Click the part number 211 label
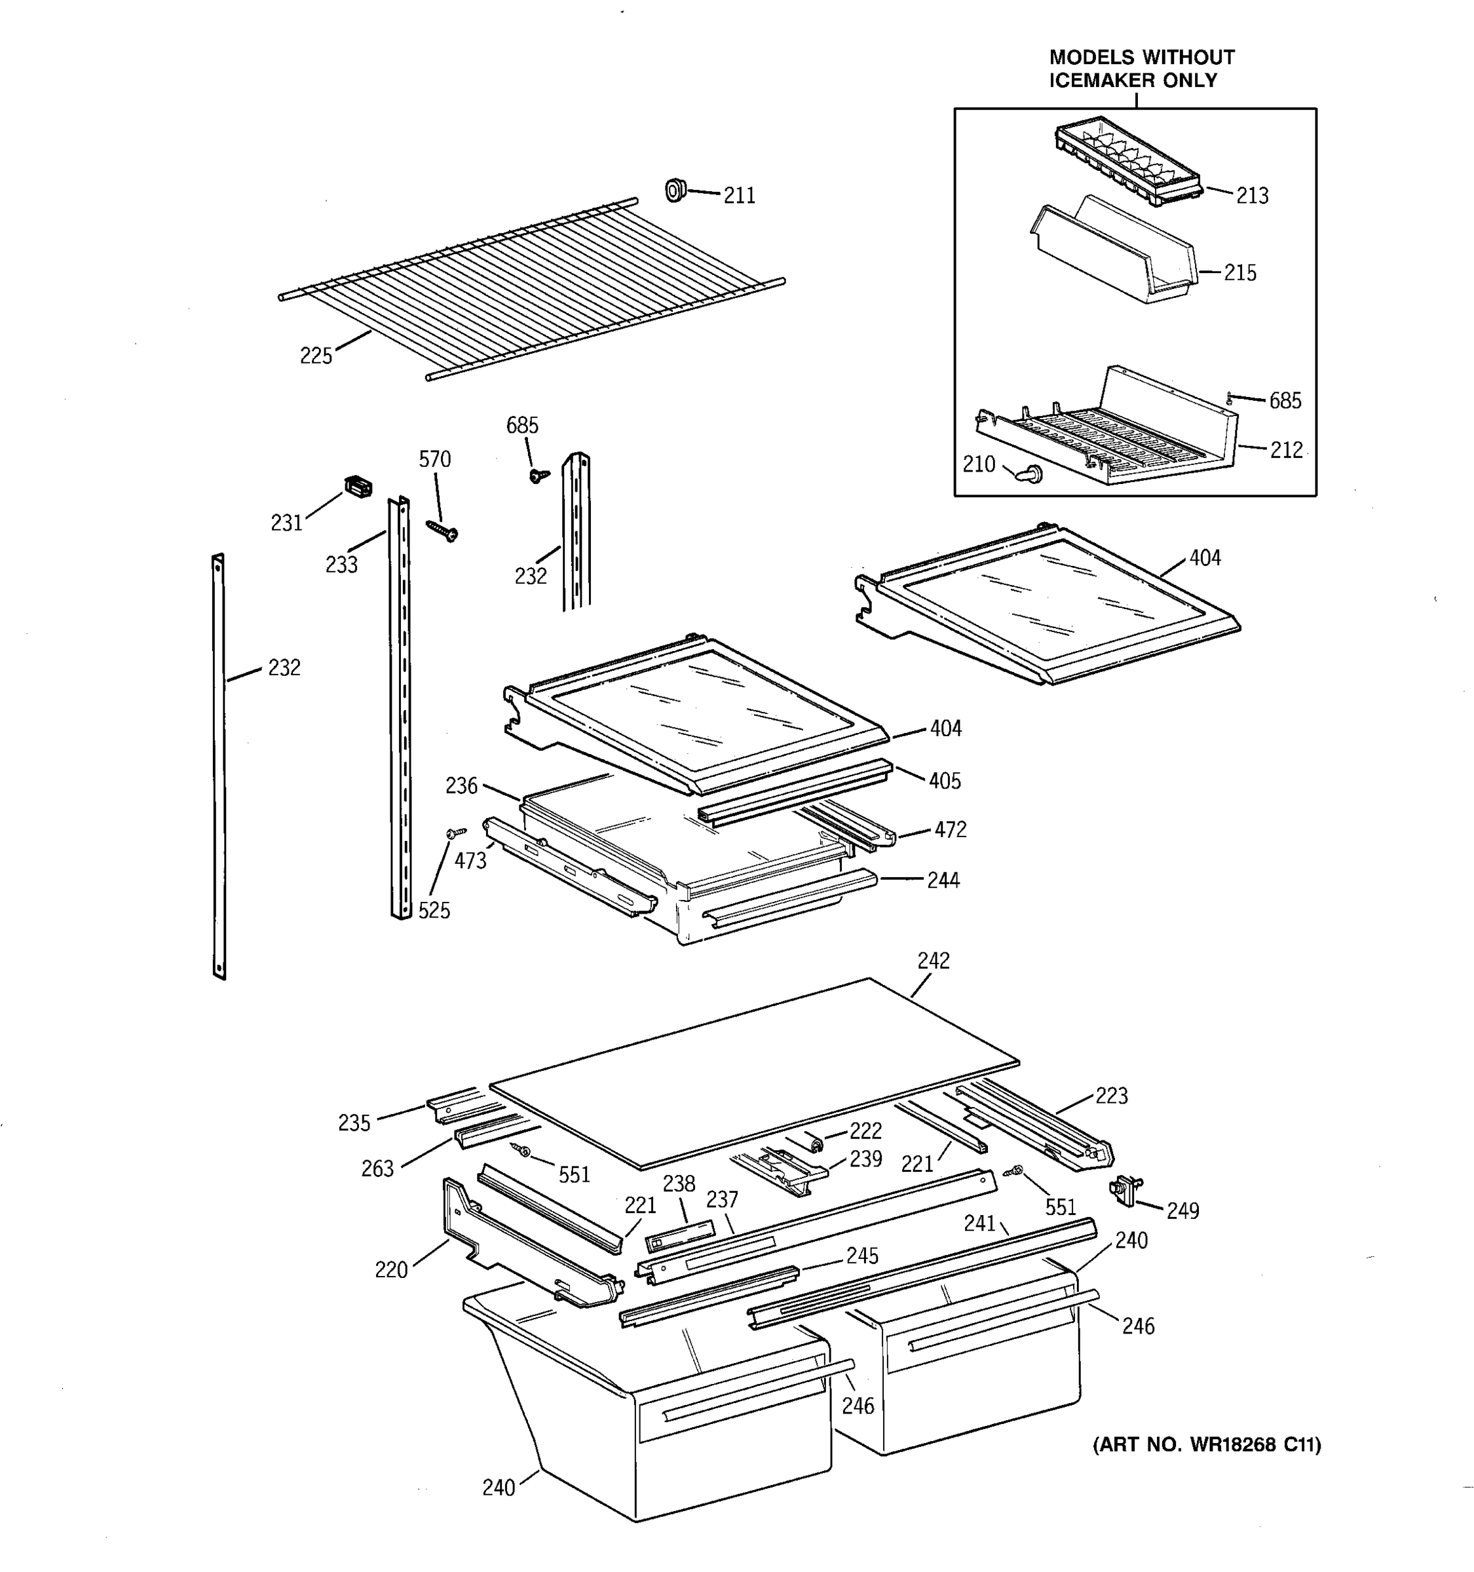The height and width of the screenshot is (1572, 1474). pyautogui.click(x=740, y=195)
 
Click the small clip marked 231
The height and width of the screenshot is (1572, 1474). pyautogui.click(x=358, y=487)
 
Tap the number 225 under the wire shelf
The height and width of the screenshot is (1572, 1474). pyautogui.click(x=316, y=356)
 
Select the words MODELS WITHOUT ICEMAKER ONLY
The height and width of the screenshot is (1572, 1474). pyautogui.click(x=1141, y=69)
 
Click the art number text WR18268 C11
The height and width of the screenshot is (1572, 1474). pyautogui.click(x=1207, y=1445)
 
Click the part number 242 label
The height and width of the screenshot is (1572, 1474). pyautogui.click(x=933, y=961)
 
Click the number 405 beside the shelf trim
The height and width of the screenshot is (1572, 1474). pyautogui.click(x=944, y=781)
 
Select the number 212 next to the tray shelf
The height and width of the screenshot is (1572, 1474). pyautogui.click(x=1286, y=450)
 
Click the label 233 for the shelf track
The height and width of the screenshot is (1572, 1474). pyautogui.click(x=341, y=565)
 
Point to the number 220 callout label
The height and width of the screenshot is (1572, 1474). pyautogui.click(x=390, y=1270)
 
